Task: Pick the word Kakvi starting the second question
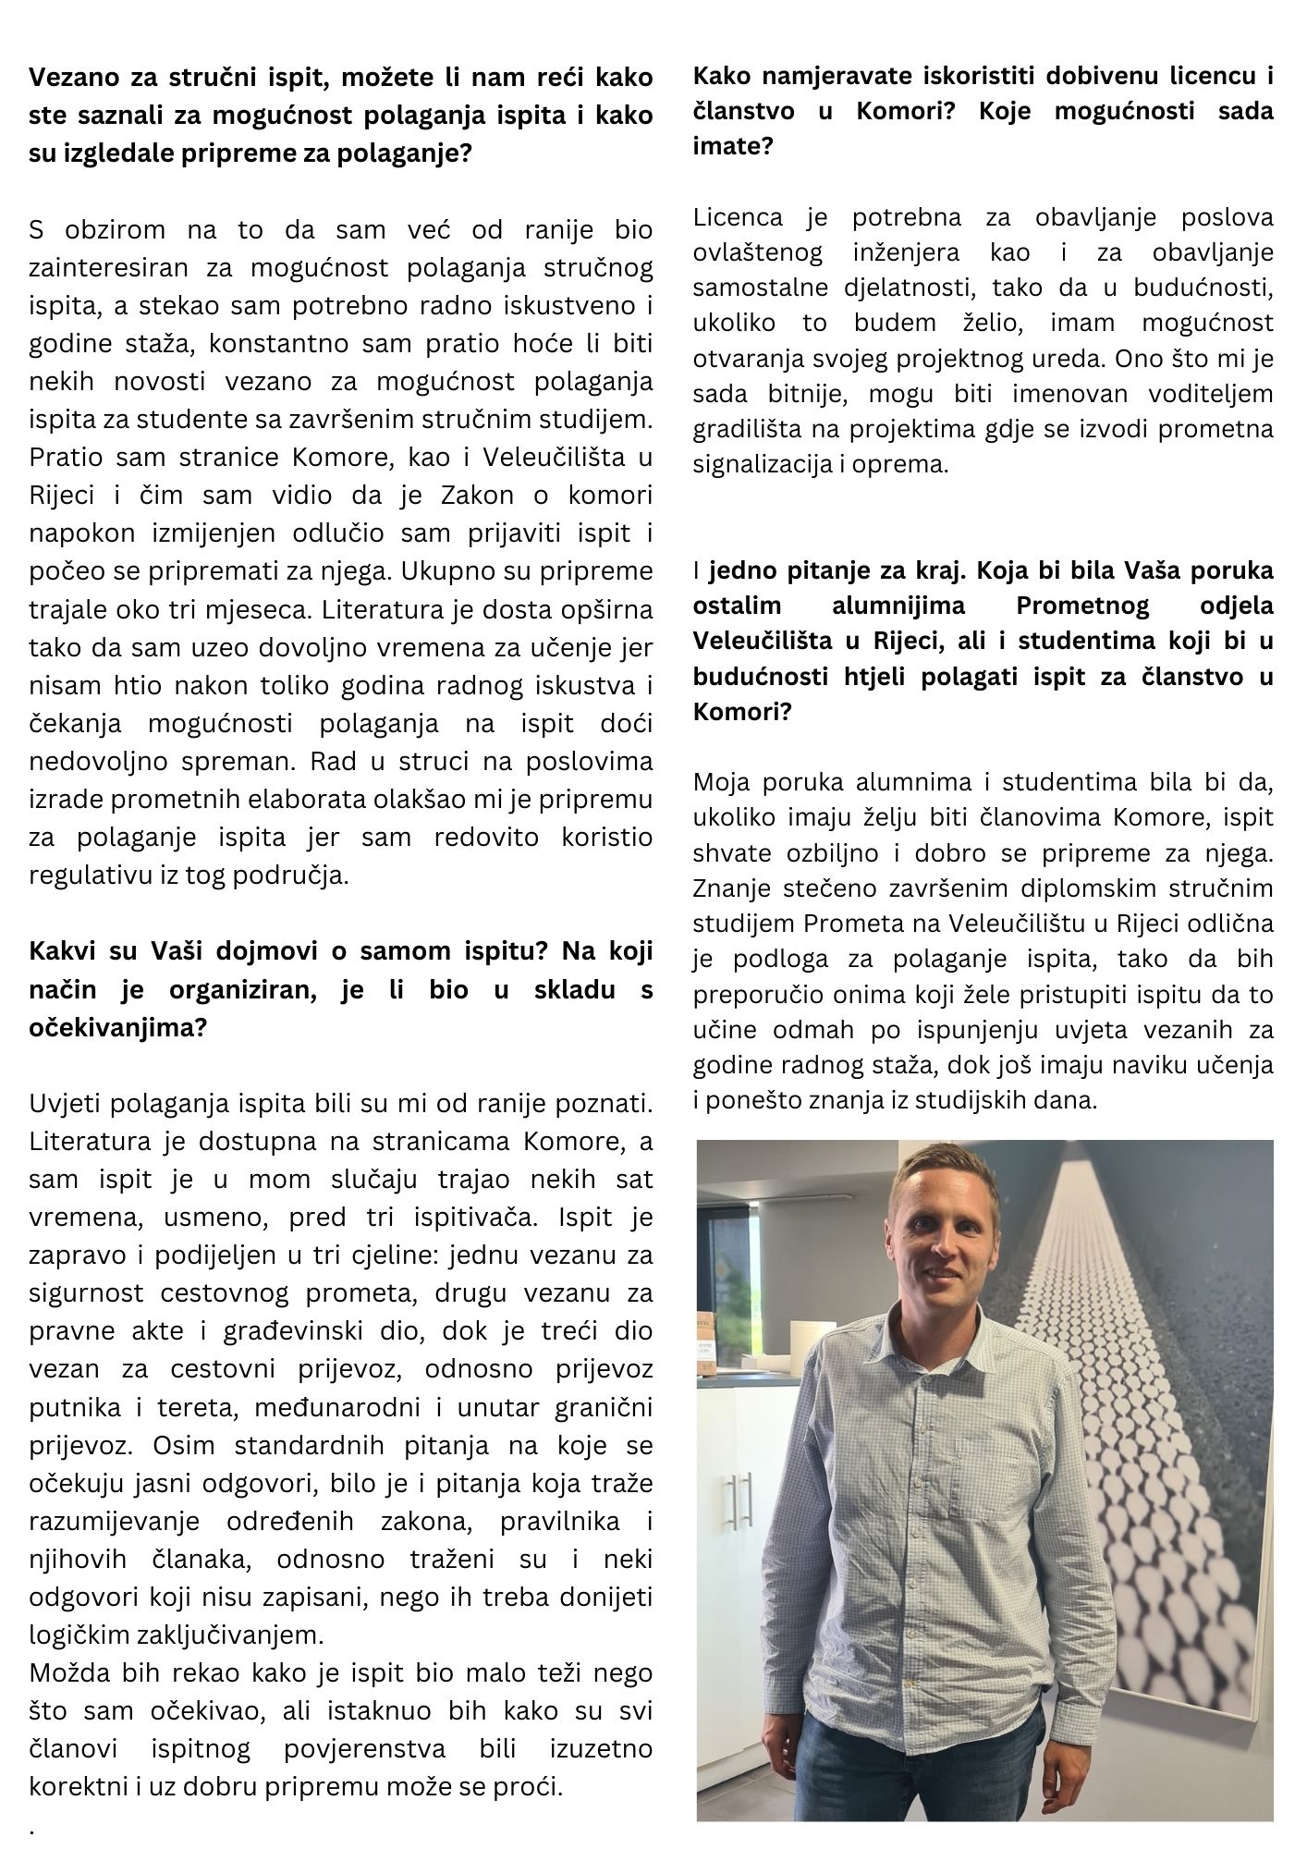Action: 62,951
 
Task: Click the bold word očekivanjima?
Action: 117,1028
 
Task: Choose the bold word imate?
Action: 733,145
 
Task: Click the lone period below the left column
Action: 32,1828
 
